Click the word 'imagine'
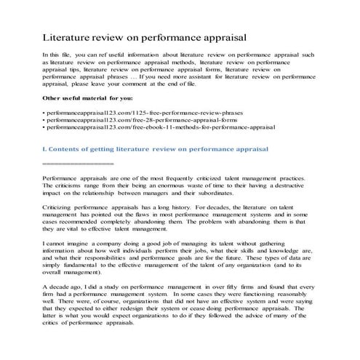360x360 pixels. coord(79,244)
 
